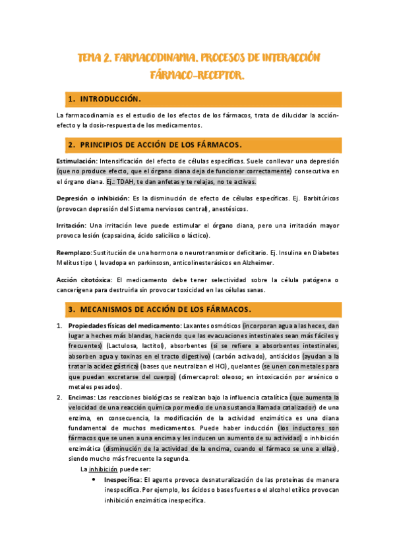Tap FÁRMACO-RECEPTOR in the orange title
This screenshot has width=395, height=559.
(197, 76)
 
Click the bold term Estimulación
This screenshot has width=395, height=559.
(76, 161)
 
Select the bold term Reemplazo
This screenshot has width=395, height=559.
(74, 252)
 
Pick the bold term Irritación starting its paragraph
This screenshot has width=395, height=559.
(71, 225)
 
